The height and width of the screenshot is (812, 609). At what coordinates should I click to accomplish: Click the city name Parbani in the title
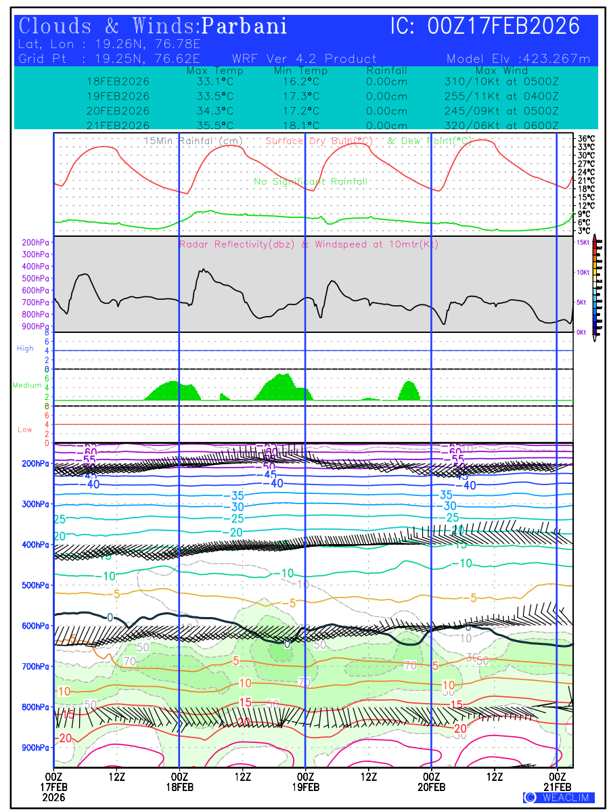[245, 26]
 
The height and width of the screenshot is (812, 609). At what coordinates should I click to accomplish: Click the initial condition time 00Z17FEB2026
[504, 26]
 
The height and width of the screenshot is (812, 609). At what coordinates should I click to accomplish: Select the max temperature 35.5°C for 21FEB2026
[210, 126]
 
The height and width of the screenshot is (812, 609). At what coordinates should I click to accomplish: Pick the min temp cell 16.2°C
[301, 81]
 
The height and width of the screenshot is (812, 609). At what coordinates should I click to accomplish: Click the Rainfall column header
[386, 70]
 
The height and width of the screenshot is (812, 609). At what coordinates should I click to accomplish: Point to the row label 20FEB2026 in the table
[118, 111]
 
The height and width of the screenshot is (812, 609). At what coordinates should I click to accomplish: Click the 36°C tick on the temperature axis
[586, 139]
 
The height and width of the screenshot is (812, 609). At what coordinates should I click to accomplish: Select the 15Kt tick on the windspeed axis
[582, 242]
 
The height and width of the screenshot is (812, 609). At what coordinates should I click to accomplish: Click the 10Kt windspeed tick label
[582, 272]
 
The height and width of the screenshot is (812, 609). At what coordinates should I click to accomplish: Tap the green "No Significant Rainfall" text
[311, 182]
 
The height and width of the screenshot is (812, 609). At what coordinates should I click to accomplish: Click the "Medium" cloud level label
[28, 386]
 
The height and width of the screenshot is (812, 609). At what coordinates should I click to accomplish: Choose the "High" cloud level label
[25, 348]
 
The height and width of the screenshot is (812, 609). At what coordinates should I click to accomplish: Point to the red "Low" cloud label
[25, 430]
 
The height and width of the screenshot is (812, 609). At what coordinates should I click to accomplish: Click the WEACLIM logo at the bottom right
[559, 798]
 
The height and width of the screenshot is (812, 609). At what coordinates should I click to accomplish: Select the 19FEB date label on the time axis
[305, 787]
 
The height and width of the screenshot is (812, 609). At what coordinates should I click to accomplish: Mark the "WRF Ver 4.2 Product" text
[304, 58]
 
